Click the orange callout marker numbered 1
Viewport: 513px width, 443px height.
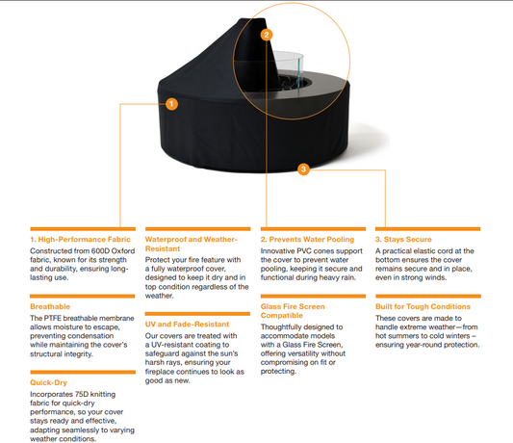[x=171, y=104]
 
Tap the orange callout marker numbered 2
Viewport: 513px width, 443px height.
[x=267, y=35]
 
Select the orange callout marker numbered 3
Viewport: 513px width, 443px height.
[x=303, y=169]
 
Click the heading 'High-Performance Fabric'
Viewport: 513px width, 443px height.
[x=84, y=240]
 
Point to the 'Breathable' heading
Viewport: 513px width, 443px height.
[x=50, y=306]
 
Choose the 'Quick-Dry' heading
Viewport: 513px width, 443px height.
[x=48, y=382]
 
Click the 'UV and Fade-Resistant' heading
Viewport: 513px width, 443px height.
[x=187, y=325]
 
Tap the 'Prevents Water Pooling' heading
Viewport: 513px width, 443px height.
[x=312, y=240]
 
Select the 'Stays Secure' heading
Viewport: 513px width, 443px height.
[x=408, y=240]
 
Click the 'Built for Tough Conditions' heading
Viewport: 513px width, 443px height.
[x=423, y=306]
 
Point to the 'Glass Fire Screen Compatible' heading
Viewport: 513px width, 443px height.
[x=293, y=311]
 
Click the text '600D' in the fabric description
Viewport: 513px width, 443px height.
[x=100, y=250]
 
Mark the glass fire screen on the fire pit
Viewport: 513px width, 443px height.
[x=289, y=68]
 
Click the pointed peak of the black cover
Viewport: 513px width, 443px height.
[x=252, y=19]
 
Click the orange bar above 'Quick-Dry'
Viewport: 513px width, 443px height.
[x=83, y=372]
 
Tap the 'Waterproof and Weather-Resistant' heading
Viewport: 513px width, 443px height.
[x=192, y=244]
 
